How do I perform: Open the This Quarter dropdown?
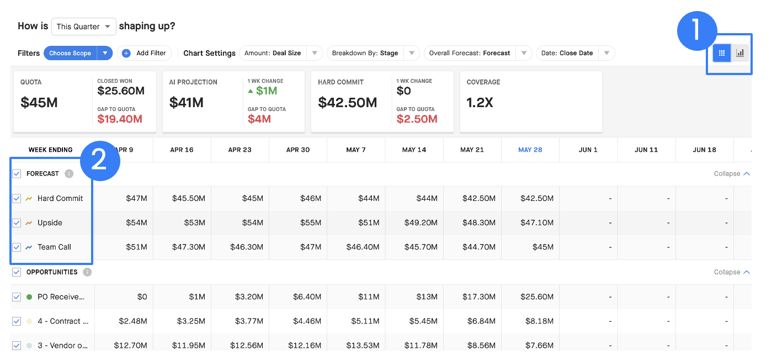click(83, 27)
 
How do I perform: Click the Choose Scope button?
click(70, 53)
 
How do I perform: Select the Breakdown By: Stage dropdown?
click(373, 53)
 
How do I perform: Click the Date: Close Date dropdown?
click(576, 53)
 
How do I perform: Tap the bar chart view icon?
click(740, 53)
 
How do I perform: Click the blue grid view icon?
click(722, 53)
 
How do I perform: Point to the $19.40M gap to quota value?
click(120, 119)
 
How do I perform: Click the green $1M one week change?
click(263, 91)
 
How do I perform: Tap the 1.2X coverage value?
click(480, 102)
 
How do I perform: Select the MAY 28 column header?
click(530, 150)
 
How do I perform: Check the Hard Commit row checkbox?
click(17, 198)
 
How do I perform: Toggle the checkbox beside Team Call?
click(17, 247)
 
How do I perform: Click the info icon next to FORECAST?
click(69, 173)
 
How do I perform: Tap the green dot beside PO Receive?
click(29, 297)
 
